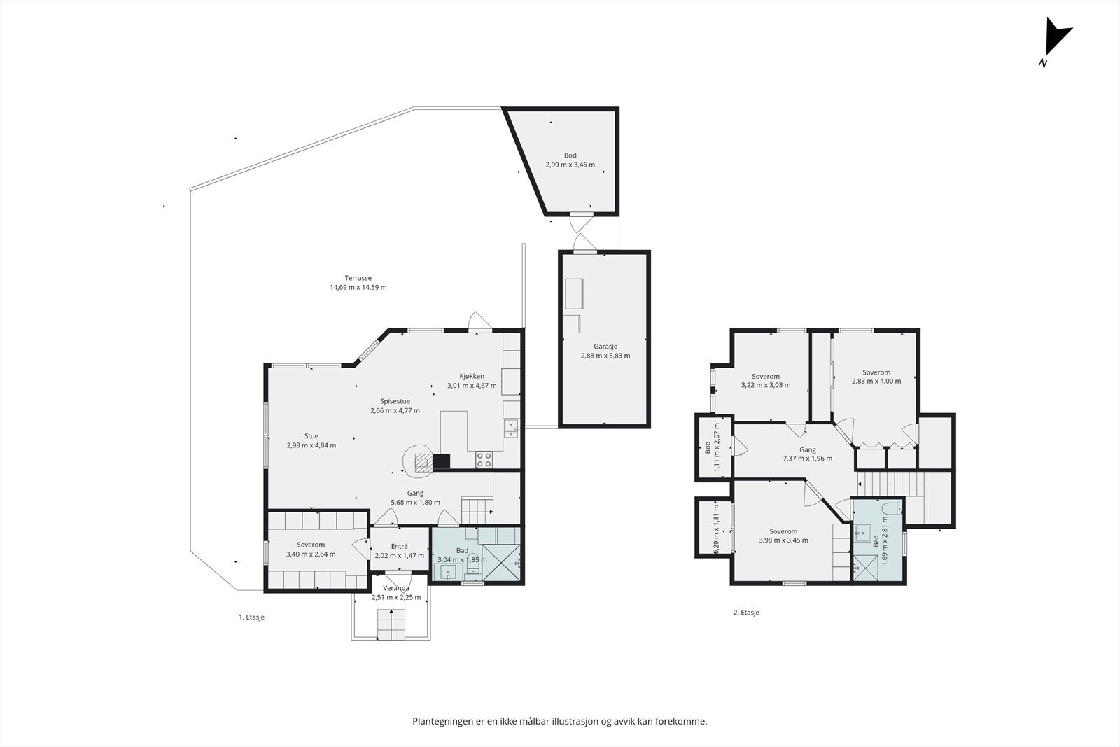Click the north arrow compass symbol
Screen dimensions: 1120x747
tap(1056, 40)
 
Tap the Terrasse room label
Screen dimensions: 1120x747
tap(358, 278)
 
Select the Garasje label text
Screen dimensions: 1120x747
tap(605, 346)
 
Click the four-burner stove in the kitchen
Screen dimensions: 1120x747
tap(484, 459)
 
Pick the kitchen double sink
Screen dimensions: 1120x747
tap(511, 429)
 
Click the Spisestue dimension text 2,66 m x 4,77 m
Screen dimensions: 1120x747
tap(395, 410)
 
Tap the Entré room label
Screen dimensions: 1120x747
tap(400, 547)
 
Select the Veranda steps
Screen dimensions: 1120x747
tap(391, 624)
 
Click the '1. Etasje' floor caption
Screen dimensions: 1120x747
tap(251, 617)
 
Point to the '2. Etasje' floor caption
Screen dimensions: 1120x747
tap(746, 612)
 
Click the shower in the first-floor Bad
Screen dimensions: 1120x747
tap(501, 563)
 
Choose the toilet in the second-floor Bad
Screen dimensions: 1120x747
tap(892, 509)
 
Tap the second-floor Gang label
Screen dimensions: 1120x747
tap(808, 449)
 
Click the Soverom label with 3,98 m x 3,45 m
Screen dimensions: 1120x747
tap(783, 531)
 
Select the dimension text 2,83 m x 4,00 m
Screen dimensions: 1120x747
tap(876, 381)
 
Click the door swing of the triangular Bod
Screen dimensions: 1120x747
tap(582, 223)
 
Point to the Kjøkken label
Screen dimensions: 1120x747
tap(472, 376)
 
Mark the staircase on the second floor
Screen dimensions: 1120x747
tap(891, 484)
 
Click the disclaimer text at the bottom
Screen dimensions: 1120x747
tap(559, 721)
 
